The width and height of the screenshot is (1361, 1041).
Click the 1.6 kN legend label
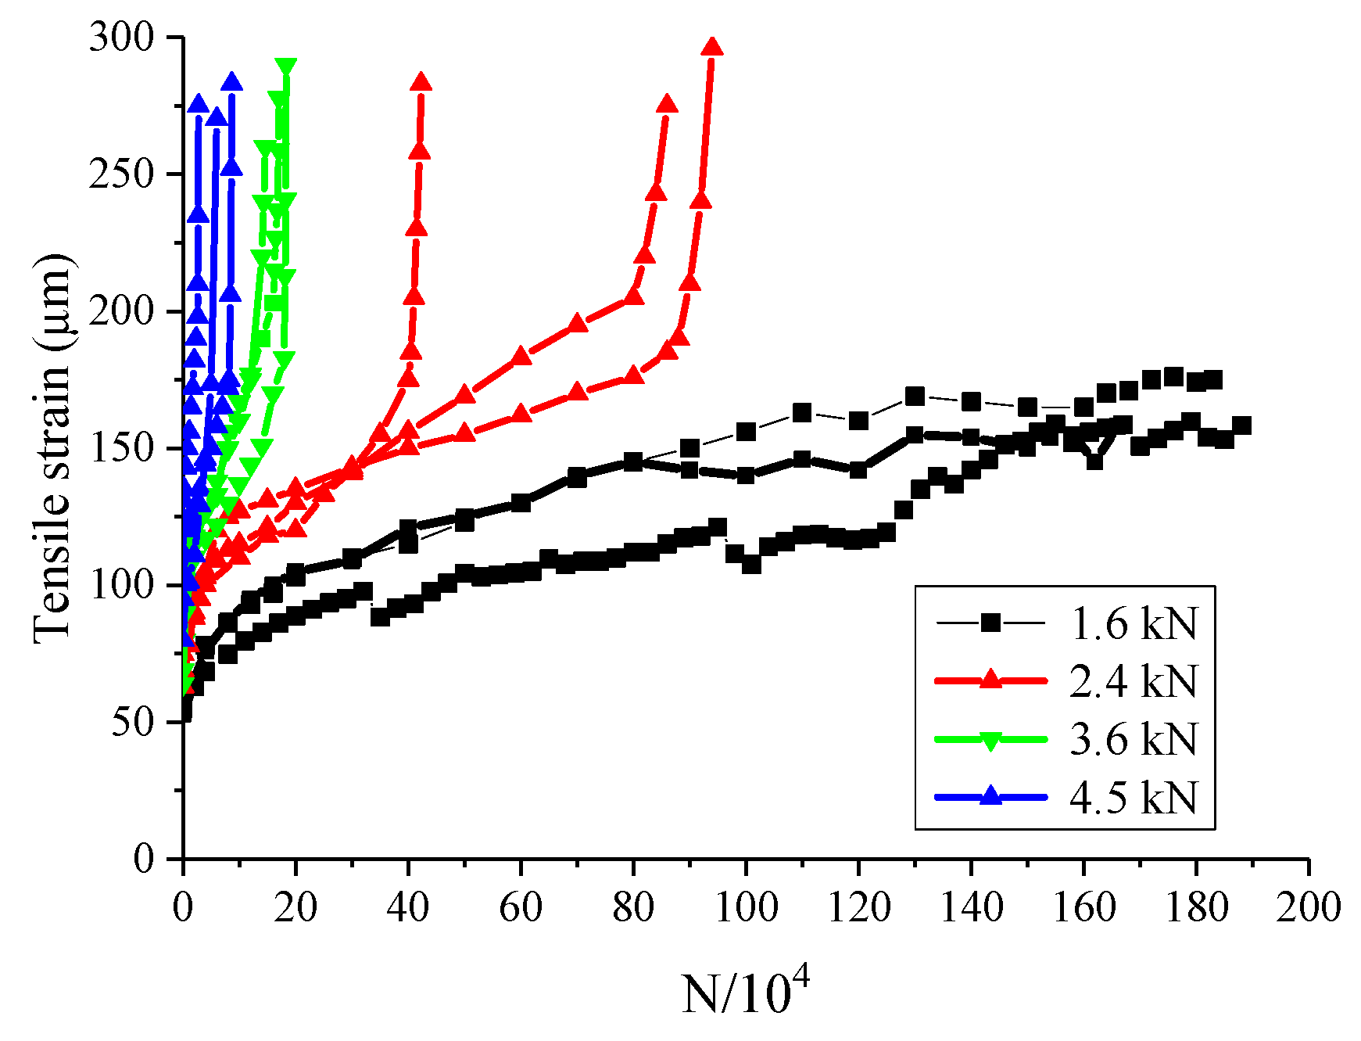[1133, 623]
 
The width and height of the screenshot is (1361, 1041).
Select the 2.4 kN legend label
[1133, 680]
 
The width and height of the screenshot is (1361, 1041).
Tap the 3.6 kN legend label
[1133, 738]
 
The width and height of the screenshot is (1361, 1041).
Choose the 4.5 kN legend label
[1133, 797]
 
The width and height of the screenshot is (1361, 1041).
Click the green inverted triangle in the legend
[990, 740]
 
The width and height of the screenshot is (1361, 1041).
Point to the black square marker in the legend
[990, 623]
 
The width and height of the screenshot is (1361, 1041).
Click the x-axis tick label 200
[1308, 907]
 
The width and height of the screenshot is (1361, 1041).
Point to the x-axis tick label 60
[521, 907]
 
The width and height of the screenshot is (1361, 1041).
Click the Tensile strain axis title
[53, 447]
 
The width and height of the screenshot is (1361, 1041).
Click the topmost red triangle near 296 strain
[711, 47]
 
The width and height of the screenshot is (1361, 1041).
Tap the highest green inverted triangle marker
[285, 66]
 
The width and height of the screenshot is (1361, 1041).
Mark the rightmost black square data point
[1241, 425]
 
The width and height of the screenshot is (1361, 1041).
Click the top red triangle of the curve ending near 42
[421, 82]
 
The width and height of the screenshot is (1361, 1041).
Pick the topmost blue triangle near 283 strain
[231, 82]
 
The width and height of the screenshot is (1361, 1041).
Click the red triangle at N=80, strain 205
[633, 296]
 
